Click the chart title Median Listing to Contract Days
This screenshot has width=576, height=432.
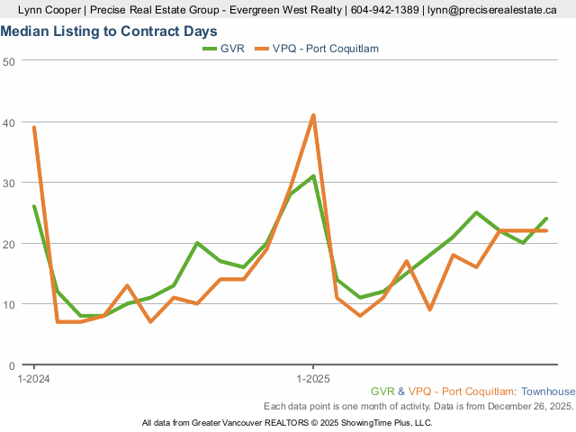click(x=109, y=31)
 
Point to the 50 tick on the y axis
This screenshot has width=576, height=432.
click(x=9, y=61)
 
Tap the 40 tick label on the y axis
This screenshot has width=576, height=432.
click(x=9, y=121)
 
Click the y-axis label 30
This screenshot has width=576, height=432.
click(x=9, y=183)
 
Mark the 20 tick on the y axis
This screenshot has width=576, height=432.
click(x=9, y=244)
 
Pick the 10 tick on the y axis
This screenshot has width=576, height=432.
click(x=9, y=304)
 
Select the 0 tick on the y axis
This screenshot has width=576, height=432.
click(x=12, y=365)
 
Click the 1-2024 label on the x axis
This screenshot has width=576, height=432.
click(x=34, y=379)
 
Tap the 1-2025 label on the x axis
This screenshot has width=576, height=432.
click(x=312, y=379)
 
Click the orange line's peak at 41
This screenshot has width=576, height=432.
click(x=312, y=115)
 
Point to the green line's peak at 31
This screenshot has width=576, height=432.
click(x=312, y=176)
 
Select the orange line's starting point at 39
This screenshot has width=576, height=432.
click(x=34, y=128)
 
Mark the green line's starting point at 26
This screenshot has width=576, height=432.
click(x=34, y=207)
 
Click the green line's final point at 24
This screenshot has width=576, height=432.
click(x=545, y=219)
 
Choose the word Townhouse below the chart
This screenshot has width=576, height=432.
click(x=548, y=391)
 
